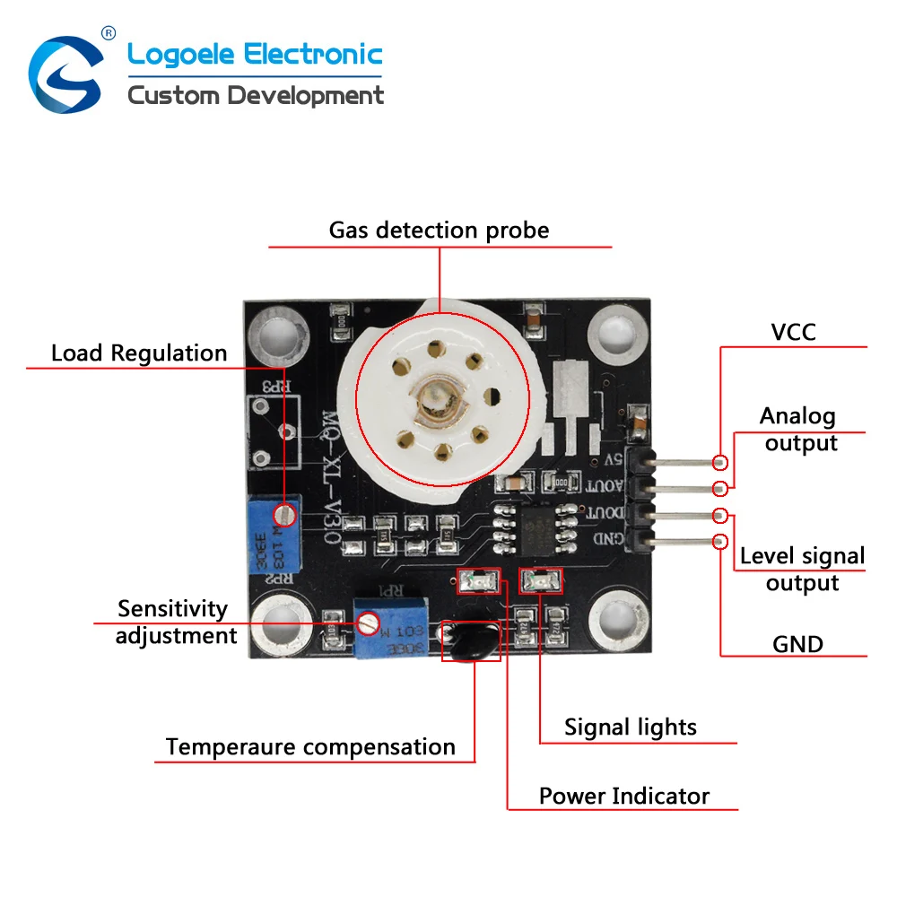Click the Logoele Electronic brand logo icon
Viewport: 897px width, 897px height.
65,71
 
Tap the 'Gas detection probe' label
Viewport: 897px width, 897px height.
439,231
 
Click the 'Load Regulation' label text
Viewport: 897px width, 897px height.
139,353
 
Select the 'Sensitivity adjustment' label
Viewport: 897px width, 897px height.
176,623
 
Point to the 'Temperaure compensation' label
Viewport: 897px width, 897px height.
310,747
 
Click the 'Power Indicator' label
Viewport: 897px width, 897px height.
623,796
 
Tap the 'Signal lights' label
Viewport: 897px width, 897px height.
630,727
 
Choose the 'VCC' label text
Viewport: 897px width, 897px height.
794,333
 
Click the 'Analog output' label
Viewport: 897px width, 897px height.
798,430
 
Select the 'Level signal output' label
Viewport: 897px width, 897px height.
802,570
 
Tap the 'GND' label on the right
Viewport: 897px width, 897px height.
797,644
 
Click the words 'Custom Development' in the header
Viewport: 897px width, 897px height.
256,95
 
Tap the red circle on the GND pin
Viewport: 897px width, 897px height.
719,541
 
